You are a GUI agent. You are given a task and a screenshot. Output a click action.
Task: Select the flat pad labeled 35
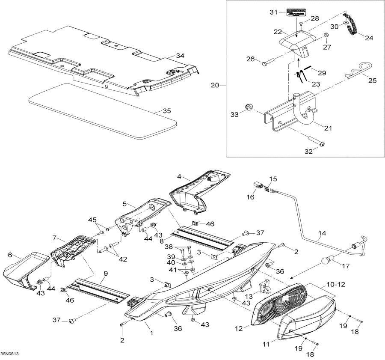pos(103,110)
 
